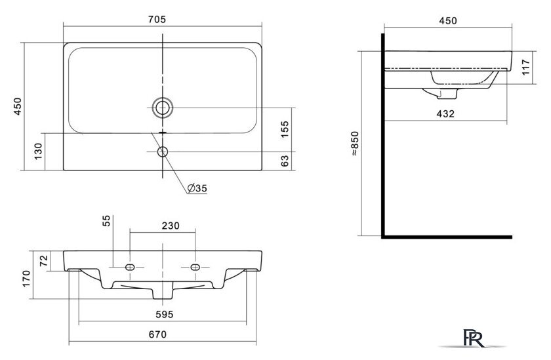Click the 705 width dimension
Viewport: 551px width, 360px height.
[157, 19]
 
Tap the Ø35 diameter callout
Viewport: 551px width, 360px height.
[197, 188]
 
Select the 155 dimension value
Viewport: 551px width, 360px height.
[285, 129]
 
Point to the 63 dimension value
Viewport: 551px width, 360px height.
[285, 161]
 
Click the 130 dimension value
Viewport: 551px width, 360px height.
[38, 151]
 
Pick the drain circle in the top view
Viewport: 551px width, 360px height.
[163, 108]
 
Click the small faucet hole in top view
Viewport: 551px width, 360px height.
[163, 151]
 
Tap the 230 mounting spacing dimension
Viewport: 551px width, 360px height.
[171, 226]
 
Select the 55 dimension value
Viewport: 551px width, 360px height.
[106, 220]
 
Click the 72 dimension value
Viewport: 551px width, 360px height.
[43, 260]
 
